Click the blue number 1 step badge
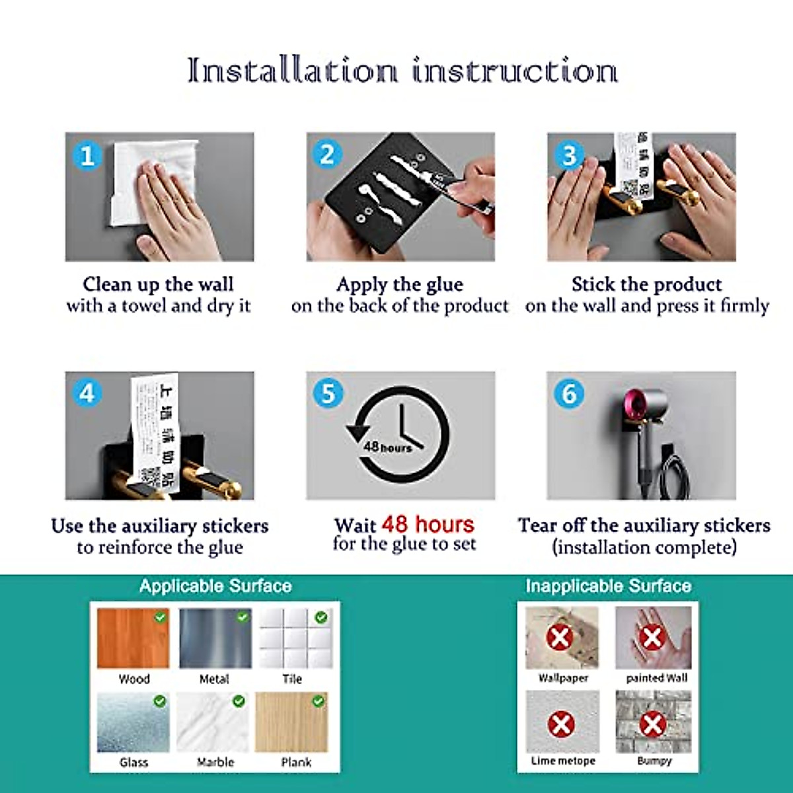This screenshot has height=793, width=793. point(87,156)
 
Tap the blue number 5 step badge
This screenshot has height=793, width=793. point(328,394)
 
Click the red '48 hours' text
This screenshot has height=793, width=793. point(428,525)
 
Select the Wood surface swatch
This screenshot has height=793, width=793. point(133,638)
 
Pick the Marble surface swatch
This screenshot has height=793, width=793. point(213,722)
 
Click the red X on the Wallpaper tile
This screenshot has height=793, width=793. point(560,638)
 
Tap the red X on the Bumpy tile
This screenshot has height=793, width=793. point(652,724)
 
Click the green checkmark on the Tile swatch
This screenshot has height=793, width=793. point(321,617)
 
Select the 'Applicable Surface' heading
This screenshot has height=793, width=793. point(215,585)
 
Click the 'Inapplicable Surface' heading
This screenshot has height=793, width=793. point(608,585)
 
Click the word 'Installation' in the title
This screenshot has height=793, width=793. point(292,70)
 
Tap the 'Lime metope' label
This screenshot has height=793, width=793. point(563,761)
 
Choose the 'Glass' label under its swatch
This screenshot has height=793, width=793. point(134,762)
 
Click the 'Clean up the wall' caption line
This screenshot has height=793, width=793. point(159,284)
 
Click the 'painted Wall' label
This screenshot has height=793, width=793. point(656,678)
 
